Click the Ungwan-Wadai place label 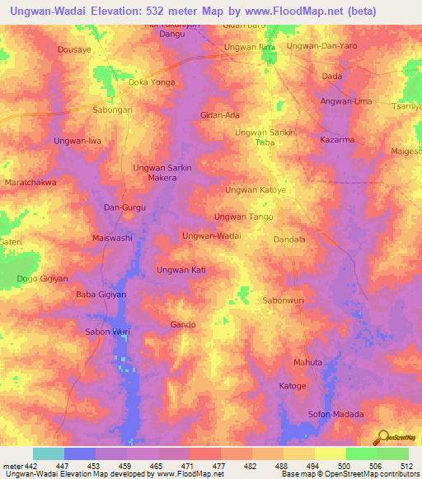coord(211,235)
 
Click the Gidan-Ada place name coord(219,115)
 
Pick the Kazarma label coord(337,140)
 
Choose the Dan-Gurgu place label coord(124,207)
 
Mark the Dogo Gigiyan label coord(38,279)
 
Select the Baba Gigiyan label coord(101,295)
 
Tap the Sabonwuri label coord(284,300)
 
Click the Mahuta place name coord(307,362)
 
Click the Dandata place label coord(289,239)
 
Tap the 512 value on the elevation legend coord(406,466)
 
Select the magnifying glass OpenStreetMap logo coord(382,437)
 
